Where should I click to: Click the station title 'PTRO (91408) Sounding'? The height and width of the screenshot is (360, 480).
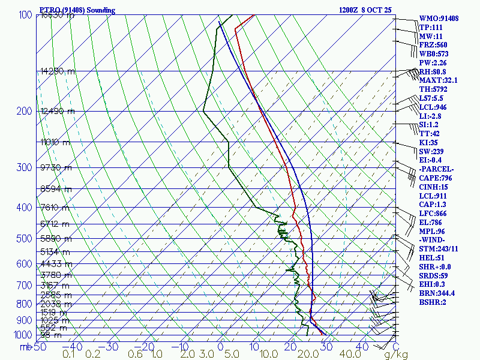(77, 10)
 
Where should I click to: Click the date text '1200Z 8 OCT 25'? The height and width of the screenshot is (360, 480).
(365, 10)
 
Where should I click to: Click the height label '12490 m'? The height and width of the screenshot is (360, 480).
(58, 111)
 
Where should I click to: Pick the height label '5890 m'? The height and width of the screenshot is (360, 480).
(55, 238)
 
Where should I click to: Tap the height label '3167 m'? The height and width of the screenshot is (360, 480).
(55, 284)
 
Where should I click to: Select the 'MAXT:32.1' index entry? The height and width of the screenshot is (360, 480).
(438, 80)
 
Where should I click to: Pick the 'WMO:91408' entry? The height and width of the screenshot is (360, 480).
(439, 19)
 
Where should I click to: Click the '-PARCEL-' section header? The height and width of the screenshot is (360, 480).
(436, 169)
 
